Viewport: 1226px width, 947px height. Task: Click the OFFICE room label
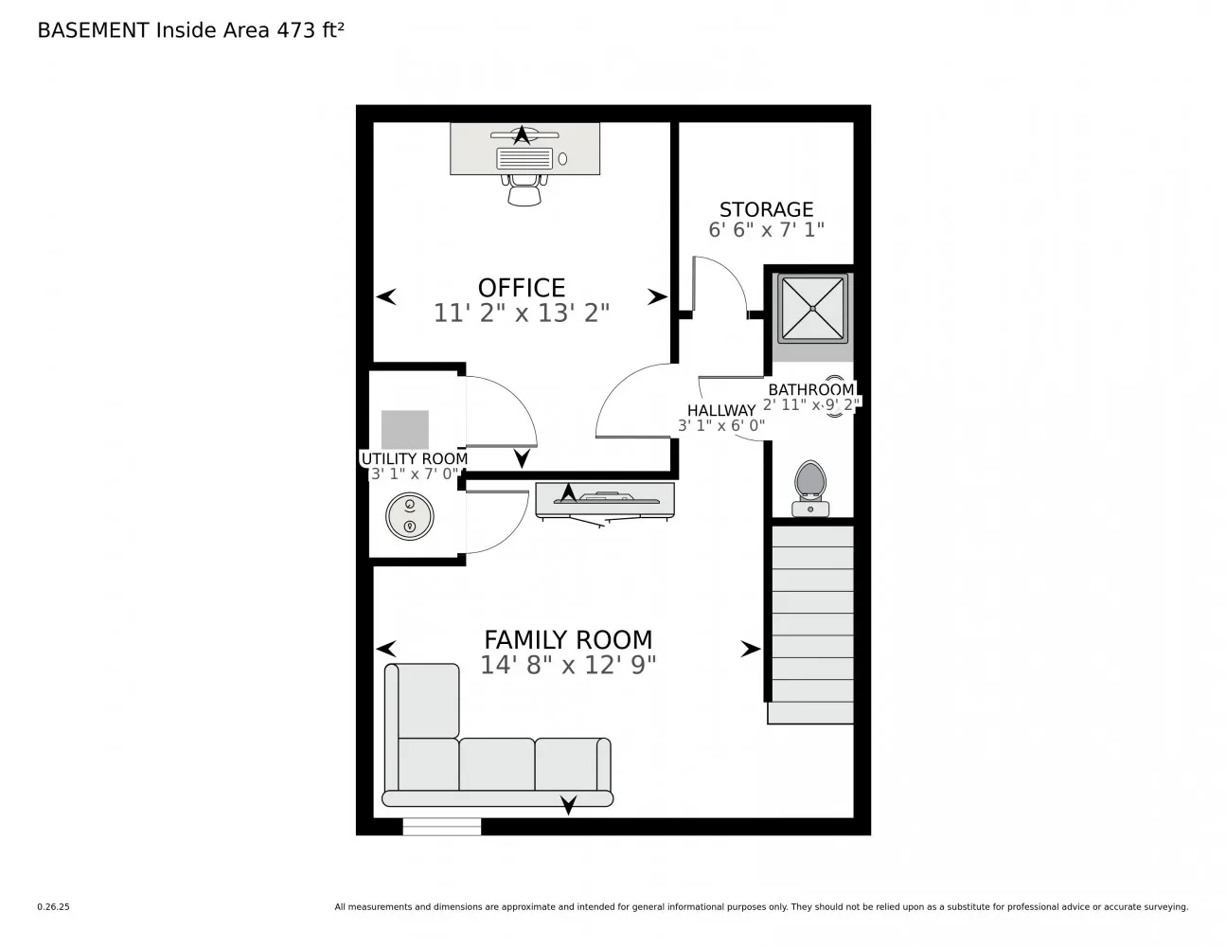[521, 287]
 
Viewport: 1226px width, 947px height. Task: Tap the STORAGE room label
[766, 209]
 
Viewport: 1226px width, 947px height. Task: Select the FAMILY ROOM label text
[568, 639]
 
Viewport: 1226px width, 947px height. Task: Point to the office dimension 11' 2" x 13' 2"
[521, 313]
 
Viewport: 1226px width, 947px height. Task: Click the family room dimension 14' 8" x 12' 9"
[568, 665]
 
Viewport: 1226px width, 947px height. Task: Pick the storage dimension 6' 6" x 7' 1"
[766, 230]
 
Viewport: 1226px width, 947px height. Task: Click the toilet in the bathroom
[809, 487]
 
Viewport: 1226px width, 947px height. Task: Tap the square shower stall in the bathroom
[812, 309]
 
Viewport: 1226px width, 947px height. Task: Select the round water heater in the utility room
[410, 517]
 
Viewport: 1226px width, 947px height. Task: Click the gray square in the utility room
[405, 430]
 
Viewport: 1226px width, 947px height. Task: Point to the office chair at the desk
[524, 188]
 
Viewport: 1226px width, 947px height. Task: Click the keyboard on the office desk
[524, 158]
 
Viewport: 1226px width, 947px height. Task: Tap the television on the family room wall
[605, 501]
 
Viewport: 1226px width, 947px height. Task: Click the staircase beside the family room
[812, 625]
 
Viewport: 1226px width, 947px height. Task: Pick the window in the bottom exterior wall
[441, 827]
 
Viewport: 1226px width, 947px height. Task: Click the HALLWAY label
[720, 410]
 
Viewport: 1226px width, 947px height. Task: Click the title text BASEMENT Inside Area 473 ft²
[190, 30]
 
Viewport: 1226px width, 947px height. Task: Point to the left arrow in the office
[386, 297]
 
